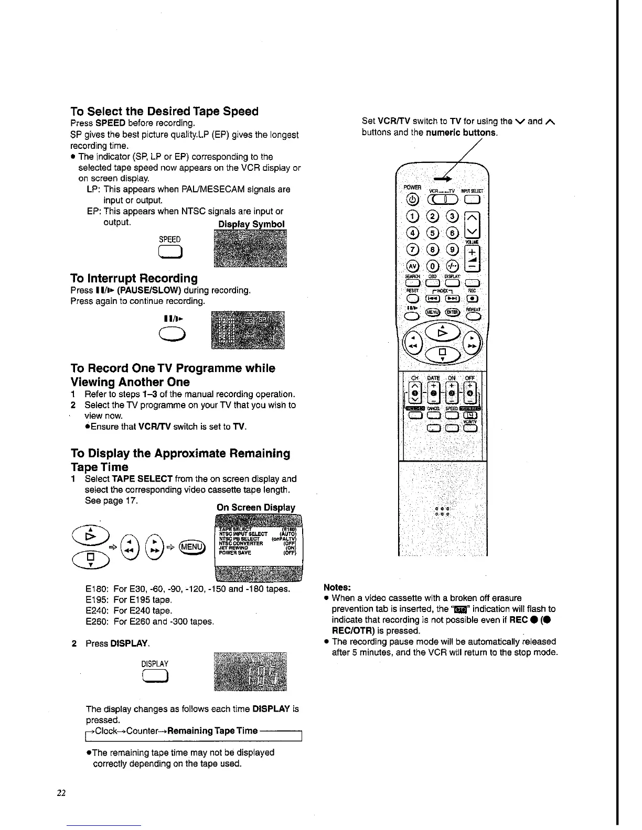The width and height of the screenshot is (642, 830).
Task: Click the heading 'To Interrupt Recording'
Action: pos(134,278)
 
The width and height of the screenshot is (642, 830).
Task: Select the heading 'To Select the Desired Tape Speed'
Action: pos(165,112)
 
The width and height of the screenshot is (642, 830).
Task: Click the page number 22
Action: pos(61,793)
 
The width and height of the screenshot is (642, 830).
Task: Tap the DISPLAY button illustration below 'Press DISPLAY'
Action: pos(154,677)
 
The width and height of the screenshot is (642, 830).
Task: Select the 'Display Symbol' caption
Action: pos(251,224)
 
